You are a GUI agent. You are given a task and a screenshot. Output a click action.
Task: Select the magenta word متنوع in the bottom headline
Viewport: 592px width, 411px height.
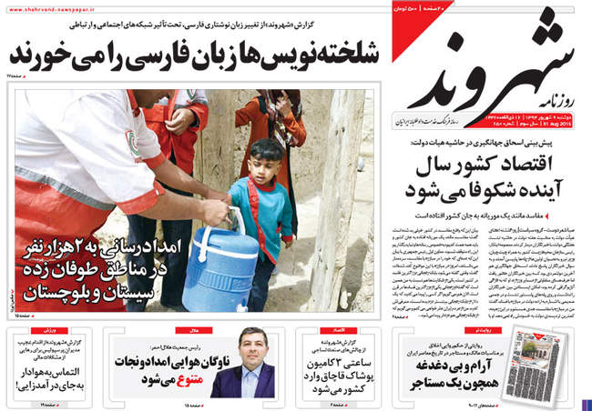pos(183,371)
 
